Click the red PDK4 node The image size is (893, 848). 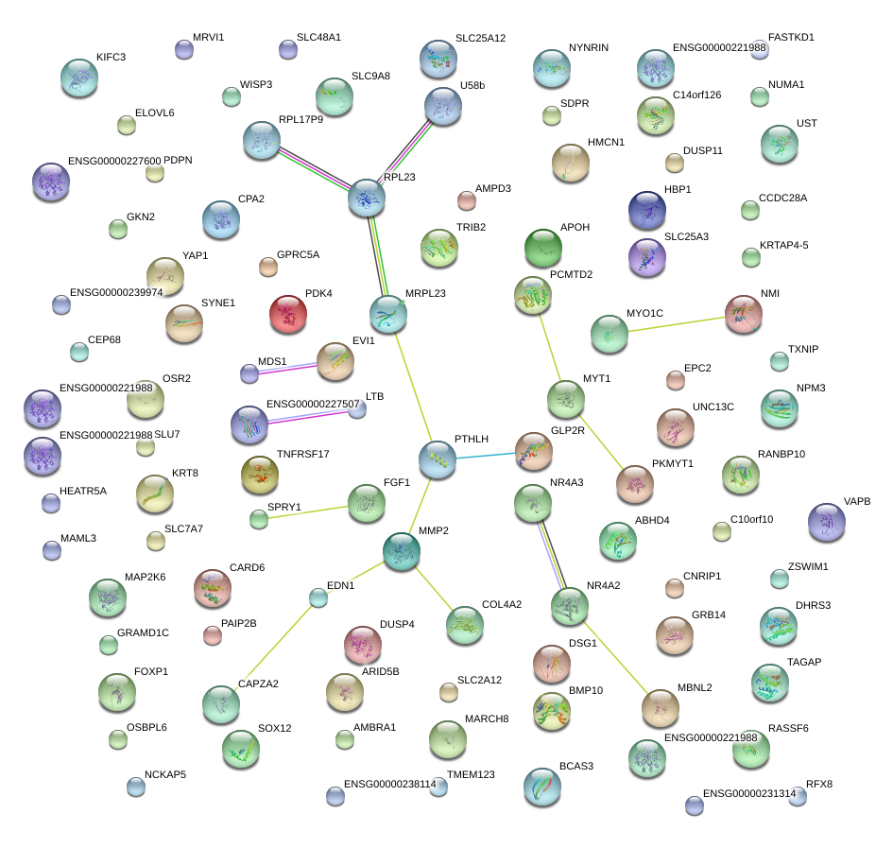tap(288, 315)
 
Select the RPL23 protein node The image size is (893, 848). tap(367, 199)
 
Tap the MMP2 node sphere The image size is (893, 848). tap(402, 550)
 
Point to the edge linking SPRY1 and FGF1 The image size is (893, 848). tap(312, 511)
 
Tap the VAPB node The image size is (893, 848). tap(828, 522)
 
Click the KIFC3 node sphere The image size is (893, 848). tap(79, 78)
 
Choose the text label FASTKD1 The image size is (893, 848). tap(791, 38)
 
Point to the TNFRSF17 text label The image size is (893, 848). tap(302, 455)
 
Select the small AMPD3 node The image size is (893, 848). tap(467, 199)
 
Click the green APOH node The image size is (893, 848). tap(543, 248)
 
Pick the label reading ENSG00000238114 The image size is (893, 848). tap(389, 784)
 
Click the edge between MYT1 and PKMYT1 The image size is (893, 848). tap(599, 441)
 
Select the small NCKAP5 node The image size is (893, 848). tap(135, 785)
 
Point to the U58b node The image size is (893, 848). tap(443, 107)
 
